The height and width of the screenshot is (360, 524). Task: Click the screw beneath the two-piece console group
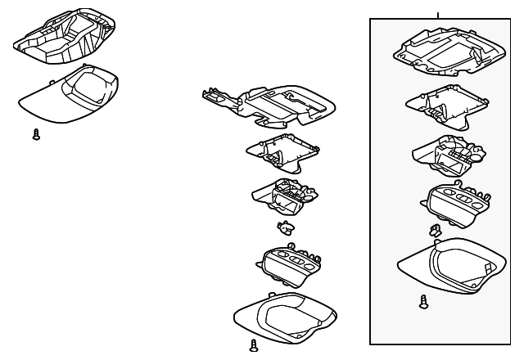pyautogui.click(x=36, y=135)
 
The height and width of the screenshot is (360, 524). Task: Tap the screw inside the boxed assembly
pyautogui.click(x=423, y=301)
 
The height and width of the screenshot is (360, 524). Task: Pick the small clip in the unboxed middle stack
pyautogui.click(x=285, y=227)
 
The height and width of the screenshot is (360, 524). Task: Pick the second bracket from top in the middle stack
pyautogui.click(x=284, y=151)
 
